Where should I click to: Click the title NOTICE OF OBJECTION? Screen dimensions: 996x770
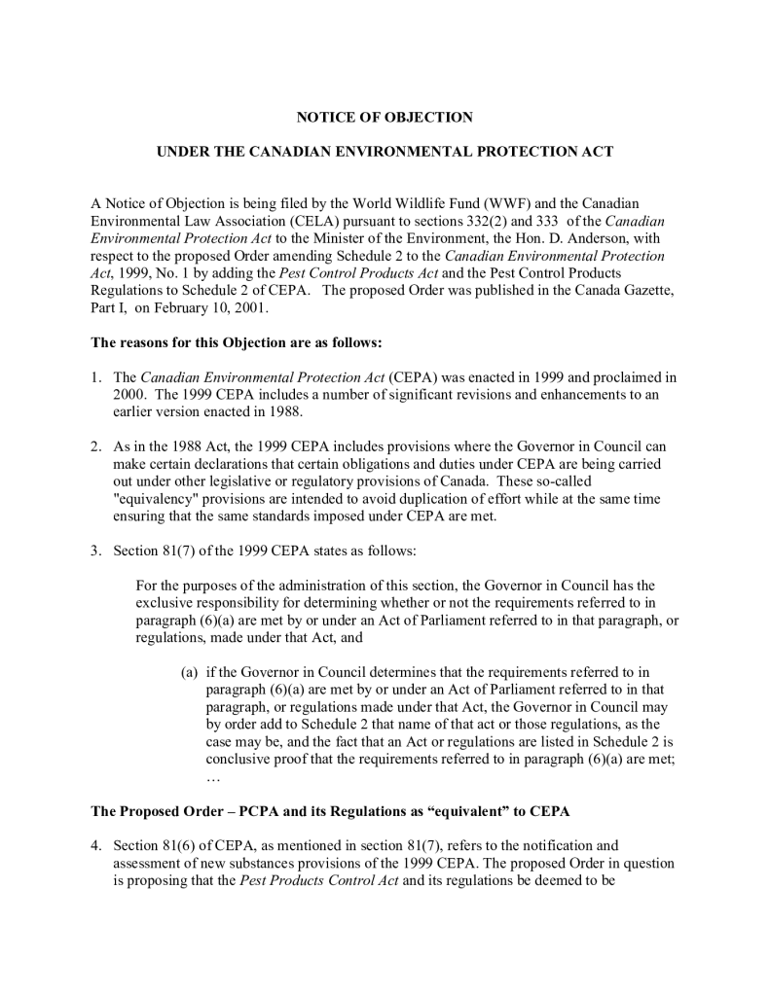(x=385, y=118)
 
